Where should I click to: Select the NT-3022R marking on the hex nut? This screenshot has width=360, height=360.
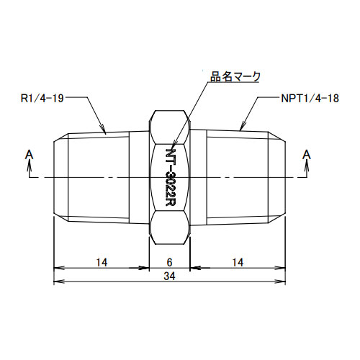tap(171, 176)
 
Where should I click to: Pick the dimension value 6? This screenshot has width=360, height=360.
tap(171, 264)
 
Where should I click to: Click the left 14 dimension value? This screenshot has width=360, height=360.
tap(101, 264)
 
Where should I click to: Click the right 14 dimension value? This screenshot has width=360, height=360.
tap(238, 264)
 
